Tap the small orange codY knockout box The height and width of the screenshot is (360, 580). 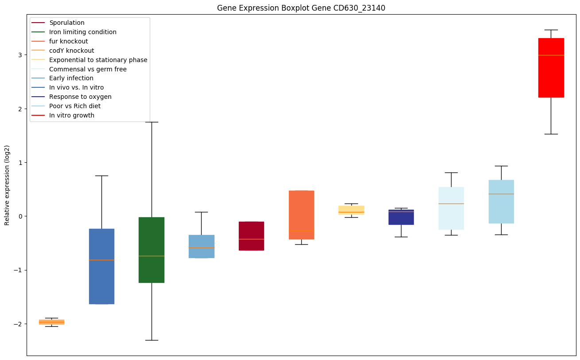click(x=51, y=322)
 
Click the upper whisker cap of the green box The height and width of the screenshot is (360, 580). click(x=152, y=122)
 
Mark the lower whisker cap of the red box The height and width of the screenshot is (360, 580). click(x=551, y=134)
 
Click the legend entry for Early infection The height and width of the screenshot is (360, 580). click(x=71, y=78)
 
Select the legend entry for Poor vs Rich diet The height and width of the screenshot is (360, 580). click(x=75, y=106)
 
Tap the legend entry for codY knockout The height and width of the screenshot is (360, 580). click(x=72, y=51)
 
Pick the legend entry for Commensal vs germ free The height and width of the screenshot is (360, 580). click(x=88, y=69)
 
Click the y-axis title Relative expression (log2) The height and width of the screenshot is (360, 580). click(x=7, y=185)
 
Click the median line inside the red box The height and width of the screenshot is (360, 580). click(x=551, y=55)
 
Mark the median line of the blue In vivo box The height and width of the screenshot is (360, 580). click(x=101, y=260)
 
